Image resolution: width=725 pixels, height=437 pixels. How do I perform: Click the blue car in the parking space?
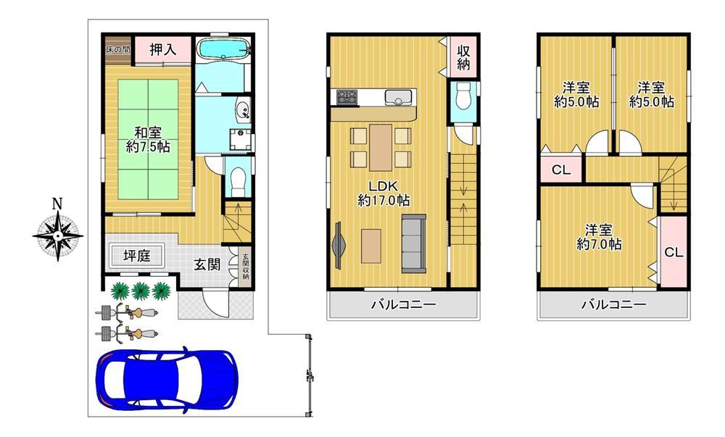point(167,379)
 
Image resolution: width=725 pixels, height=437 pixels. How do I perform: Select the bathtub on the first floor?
point(223,48)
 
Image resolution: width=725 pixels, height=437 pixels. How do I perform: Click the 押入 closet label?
point(162,49)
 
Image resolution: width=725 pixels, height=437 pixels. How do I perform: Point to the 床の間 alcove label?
point(117,49)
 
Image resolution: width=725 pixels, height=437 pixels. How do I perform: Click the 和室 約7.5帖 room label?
point(148,140)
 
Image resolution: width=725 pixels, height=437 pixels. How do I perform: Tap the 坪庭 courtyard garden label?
point(137,255)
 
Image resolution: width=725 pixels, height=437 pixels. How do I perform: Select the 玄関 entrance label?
point(207,265)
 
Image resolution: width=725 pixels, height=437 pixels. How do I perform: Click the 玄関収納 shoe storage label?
point(246,267)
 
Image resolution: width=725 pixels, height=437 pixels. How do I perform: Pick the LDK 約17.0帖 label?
point(384,193)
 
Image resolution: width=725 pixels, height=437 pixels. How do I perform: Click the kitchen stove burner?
point(347,96)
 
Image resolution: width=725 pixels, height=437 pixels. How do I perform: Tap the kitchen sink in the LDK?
point(398,97)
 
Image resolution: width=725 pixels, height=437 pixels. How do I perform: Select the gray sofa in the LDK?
point(413,244)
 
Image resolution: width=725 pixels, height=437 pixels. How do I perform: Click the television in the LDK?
point(338,244)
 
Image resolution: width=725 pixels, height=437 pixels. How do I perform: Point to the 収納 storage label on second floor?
point(464,57)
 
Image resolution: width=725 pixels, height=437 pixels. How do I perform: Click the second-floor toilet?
point(463,96)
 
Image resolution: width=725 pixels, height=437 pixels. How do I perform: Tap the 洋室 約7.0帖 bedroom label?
point(599,237)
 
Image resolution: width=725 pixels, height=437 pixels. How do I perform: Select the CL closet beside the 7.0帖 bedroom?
point(674,252)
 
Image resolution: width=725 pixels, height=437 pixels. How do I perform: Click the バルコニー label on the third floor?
point(613,304)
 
